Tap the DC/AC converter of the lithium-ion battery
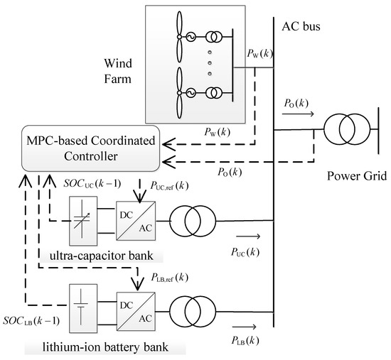coord(137,310)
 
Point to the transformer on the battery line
coord(191,310)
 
